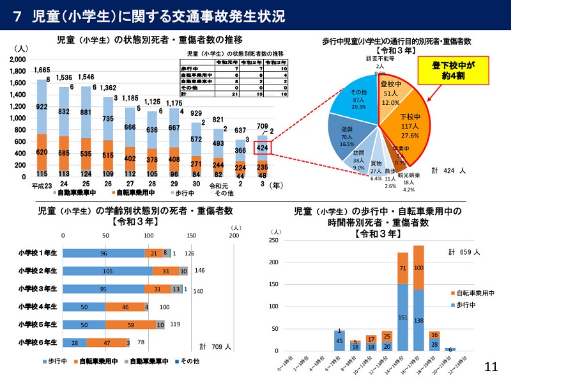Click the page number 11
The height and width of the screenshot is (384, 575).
(491, 367)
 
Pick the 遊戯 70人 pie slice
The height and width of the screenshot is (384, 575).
(347, 137)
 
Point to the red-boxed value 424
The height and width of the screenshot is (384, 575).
(262, 148)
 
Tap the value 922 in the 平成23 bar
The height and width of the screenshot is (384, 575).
(42, 106)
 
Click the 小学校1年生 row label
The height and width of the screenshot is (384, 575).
(38, 253)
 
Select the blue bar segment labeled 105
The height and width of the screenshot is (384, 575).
(107, 271)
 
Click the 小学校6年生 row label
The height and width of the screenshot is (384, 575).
(38, 342)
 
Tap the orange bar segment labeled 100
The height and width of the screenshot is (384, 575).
(418, 267)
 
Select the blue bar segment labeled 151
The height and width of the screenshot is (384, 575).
(402, 317)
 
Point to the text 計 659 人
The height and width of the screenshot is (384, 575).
(463, 252)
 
